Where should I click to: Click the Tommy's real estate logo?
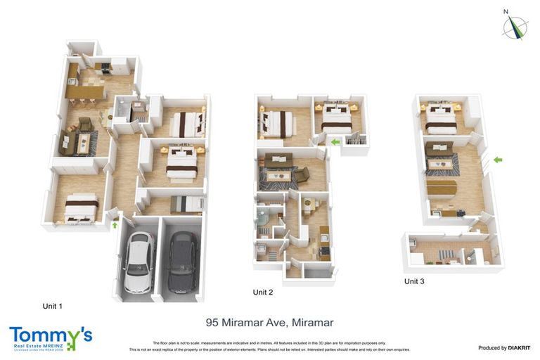pyautogui.click(x=50, y=337)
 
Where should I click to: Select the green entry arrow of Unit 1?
pyautogui.click(x=115, y=225)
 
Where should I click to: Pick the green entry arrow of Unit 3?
pyautogui.click(x=498, y=160)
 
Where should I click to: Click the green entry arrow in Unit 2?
pyautogui.click(x=335, y=142)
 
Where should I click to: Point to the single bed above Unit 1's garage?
pyautogui.click(x=184, y=202)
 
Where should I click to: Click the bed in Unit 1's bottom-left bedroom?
pyautogui.click(x=80, y=207)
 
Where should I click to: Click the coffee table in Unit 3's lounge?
pyautogui.click(x=442, y=165)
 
